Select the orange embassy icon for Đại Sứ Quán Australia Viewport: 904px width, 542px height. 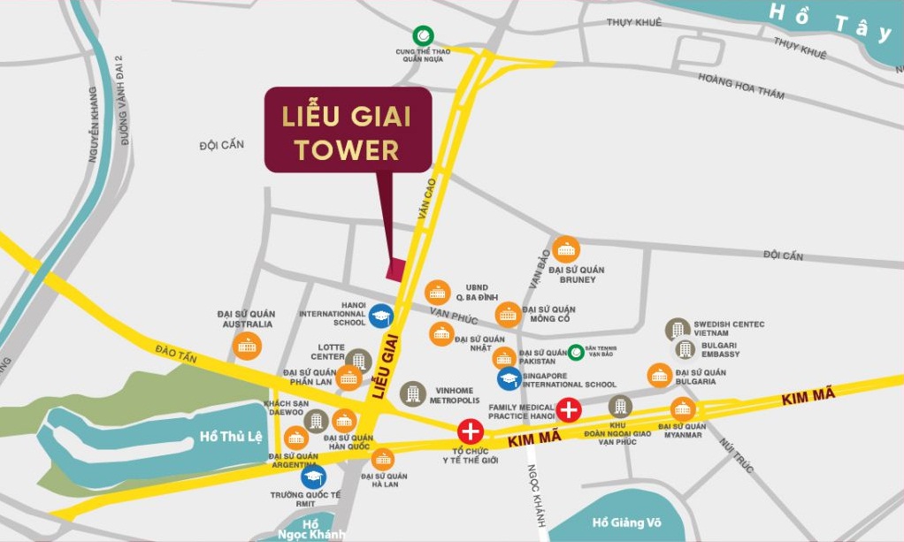point(247,346)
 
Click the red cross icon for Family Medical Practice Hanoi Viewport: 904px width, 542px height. point(568,409)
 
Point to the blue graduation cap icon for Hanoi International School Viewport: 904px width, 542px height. point(381,317)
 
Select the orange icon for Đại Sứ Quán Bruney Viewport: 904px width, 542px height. point(565,248)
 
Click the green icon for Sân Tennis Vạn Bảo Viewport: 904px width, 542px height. point(576,352)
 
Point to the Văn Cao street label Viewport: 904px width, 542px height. point(428,199)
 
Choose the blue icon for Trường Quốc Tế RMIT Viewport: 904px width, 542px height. point(312,477)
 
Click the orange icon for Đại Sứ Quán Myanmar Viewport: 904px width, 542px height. point(683,409)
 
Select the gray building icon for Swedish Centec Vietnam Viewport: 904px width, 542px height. point(678,330)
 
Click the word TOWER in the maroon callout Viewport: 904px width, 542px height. point(347,149)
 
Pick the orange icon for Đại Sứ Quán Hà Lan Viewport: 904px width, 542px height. point(383,458)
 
